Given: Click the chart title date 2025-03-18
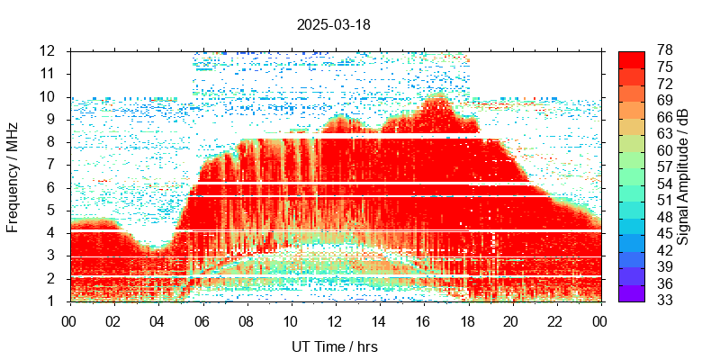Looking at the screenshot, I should tap(333, 24).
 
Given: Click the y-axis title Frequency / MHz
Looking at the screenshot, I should tap(13, 175).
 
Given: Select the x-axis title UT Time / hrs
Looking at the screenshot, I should tap(333, 346).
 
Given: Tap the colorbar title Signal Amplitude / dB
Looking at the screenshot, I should tap(683, 175).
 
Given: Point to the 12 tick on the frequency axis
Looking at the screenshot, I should tap(48, 50).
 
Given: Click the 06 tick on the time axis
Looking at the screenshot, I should tap(202, 319).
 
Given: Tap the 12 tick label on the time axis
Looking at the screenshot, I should tap(334, 319).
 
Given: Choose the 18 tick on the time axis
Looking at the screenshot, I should tap(467, 319).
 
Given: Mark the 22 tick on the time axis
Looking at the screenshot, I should tap(555, 319).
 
